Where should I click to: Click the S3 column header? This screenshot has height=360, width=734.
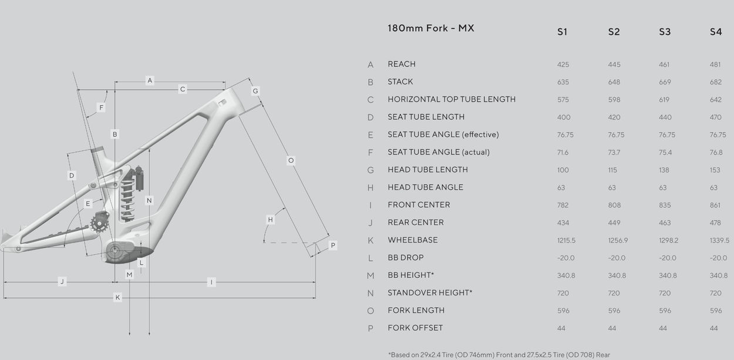(665, 32)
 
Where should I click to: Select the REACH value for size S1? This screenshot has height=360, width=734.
(563, 65)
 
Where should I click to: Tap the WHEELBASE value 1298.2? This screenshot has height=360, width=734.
(668, 241)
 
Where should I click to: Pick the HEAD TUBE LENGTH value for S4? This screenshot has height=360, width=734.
(715, 170)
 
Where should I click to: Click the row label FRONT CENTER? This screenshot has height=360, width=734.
(419, 205)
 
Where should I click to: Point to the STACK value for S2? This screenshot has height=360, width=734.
(614, 82)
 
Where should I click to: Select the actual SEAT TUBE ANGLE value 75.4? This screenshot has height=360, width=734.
(665, 153)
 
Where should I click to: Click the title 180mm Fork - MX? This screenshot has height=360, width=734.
(431, 28)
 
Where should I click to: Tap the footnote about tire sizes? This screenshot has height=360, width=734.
(499, 355)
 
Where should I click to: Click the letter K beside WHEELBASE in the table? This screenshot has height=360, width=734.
(371, 241)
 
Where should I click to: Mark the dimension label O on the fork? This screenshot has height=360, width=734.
(291, 161)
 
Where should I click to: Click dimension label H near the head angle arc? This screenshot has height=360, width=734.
(270, 220)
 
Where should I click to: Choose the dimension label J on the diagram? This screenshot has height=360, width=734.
(62, 281)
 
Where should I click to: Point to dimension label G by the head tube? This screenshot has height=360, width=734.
(255, 91)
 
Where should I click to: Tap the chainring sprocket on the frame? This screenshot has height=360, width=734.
(99, 224)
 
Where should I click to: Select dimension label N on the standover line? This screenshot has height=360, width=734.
(149, 201)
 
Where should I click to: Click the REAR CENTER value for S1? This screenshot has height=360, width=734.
(563, 223)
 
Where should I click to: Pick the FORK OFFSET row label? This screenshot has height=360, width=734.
(415, 328)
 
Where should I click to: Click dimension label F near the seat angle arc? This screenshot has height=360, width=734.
(101, 107)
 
